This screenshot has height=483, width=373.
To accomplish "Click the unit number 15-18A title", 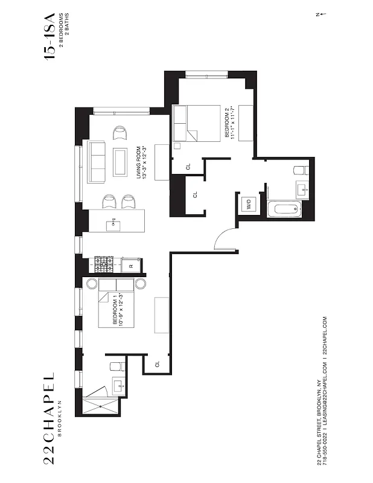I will (49, 36).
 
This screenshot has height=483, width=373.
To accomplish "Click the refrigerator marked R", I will (131, 264).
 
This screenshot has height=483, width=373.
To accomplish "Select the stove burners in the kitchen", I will (104, 263).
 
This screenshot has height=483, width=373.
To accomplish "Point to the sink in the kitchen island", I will (113, 226).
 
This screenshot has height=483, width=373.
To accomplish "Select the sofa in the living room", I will (97, 161).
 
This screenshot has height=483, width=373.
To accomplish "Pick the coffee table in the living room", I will (120, 162).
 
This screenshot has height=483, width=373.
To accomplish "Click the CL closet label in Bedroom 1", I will (158, 364).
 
